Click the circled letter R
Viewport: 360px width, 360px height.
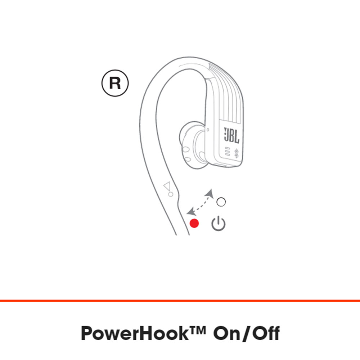115,83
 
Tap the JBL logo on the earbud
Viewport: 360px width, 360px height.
231,135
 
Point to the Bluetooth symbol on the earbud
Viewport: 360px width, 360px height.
236,153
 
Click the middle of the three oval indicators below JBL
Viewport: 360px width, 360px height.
227,152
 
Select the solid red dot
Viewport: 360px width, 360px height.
194,223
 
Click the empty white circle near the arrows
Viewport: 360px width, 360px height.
221,202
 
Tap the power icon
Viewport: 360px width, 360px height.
219,224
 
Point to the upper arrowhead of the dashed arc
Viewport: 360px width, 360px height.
209,193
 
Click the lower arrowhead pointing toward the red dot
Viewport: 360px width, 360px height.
191,212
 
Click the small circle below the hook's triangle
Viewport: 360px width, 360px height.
171,194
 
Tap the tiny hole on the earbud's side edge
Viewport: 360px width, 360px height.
208,130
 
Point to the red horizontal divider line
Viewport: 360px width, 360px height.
180,300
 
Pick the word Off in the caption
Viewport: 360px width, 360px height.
266,333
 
